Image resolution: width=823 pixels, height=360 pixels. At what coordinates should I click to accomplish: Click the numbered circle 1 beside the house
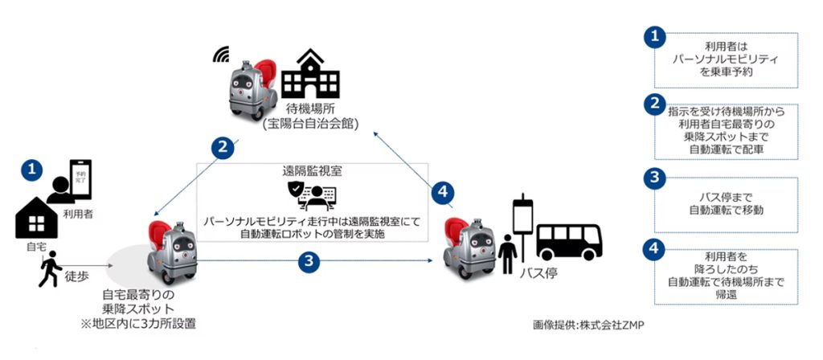(x=31, y=170)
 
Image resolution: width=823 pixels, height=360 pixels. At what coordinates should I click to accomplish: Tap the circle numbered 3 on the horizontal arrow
(x=309, y=261)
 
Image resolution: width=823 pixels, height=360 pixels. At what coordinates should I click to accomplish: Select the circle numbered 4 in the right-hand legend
(x=654, y=249)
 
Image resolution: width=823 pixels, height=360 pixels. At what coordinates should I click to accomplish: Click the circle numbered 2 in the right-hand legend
(x=654, y=104)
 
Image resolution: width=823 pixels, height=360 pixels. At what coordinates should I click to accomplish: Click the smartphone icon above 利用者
(x=80, y=179)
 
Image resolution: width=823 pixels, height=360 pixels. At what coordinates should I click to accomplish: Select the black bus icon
(x=570, y=242)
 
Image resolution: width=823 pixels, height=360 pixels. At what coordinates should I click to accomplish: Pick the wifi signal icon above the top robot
(x=221, y=54)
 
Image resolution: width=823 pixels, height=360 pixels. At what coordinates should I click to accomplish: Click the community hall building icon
(x=311, y=73)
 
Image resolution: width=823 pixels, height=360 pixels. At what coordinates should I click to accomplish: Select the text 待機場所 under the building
(x=310, y=112)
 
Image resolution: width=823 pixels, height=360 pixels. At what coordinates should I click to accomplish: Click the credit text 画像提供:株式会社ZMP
(x=588, y=325)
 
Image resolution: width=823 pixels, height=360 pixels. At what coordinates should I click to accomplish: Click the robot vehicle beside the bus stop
(x=469, y=247)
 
